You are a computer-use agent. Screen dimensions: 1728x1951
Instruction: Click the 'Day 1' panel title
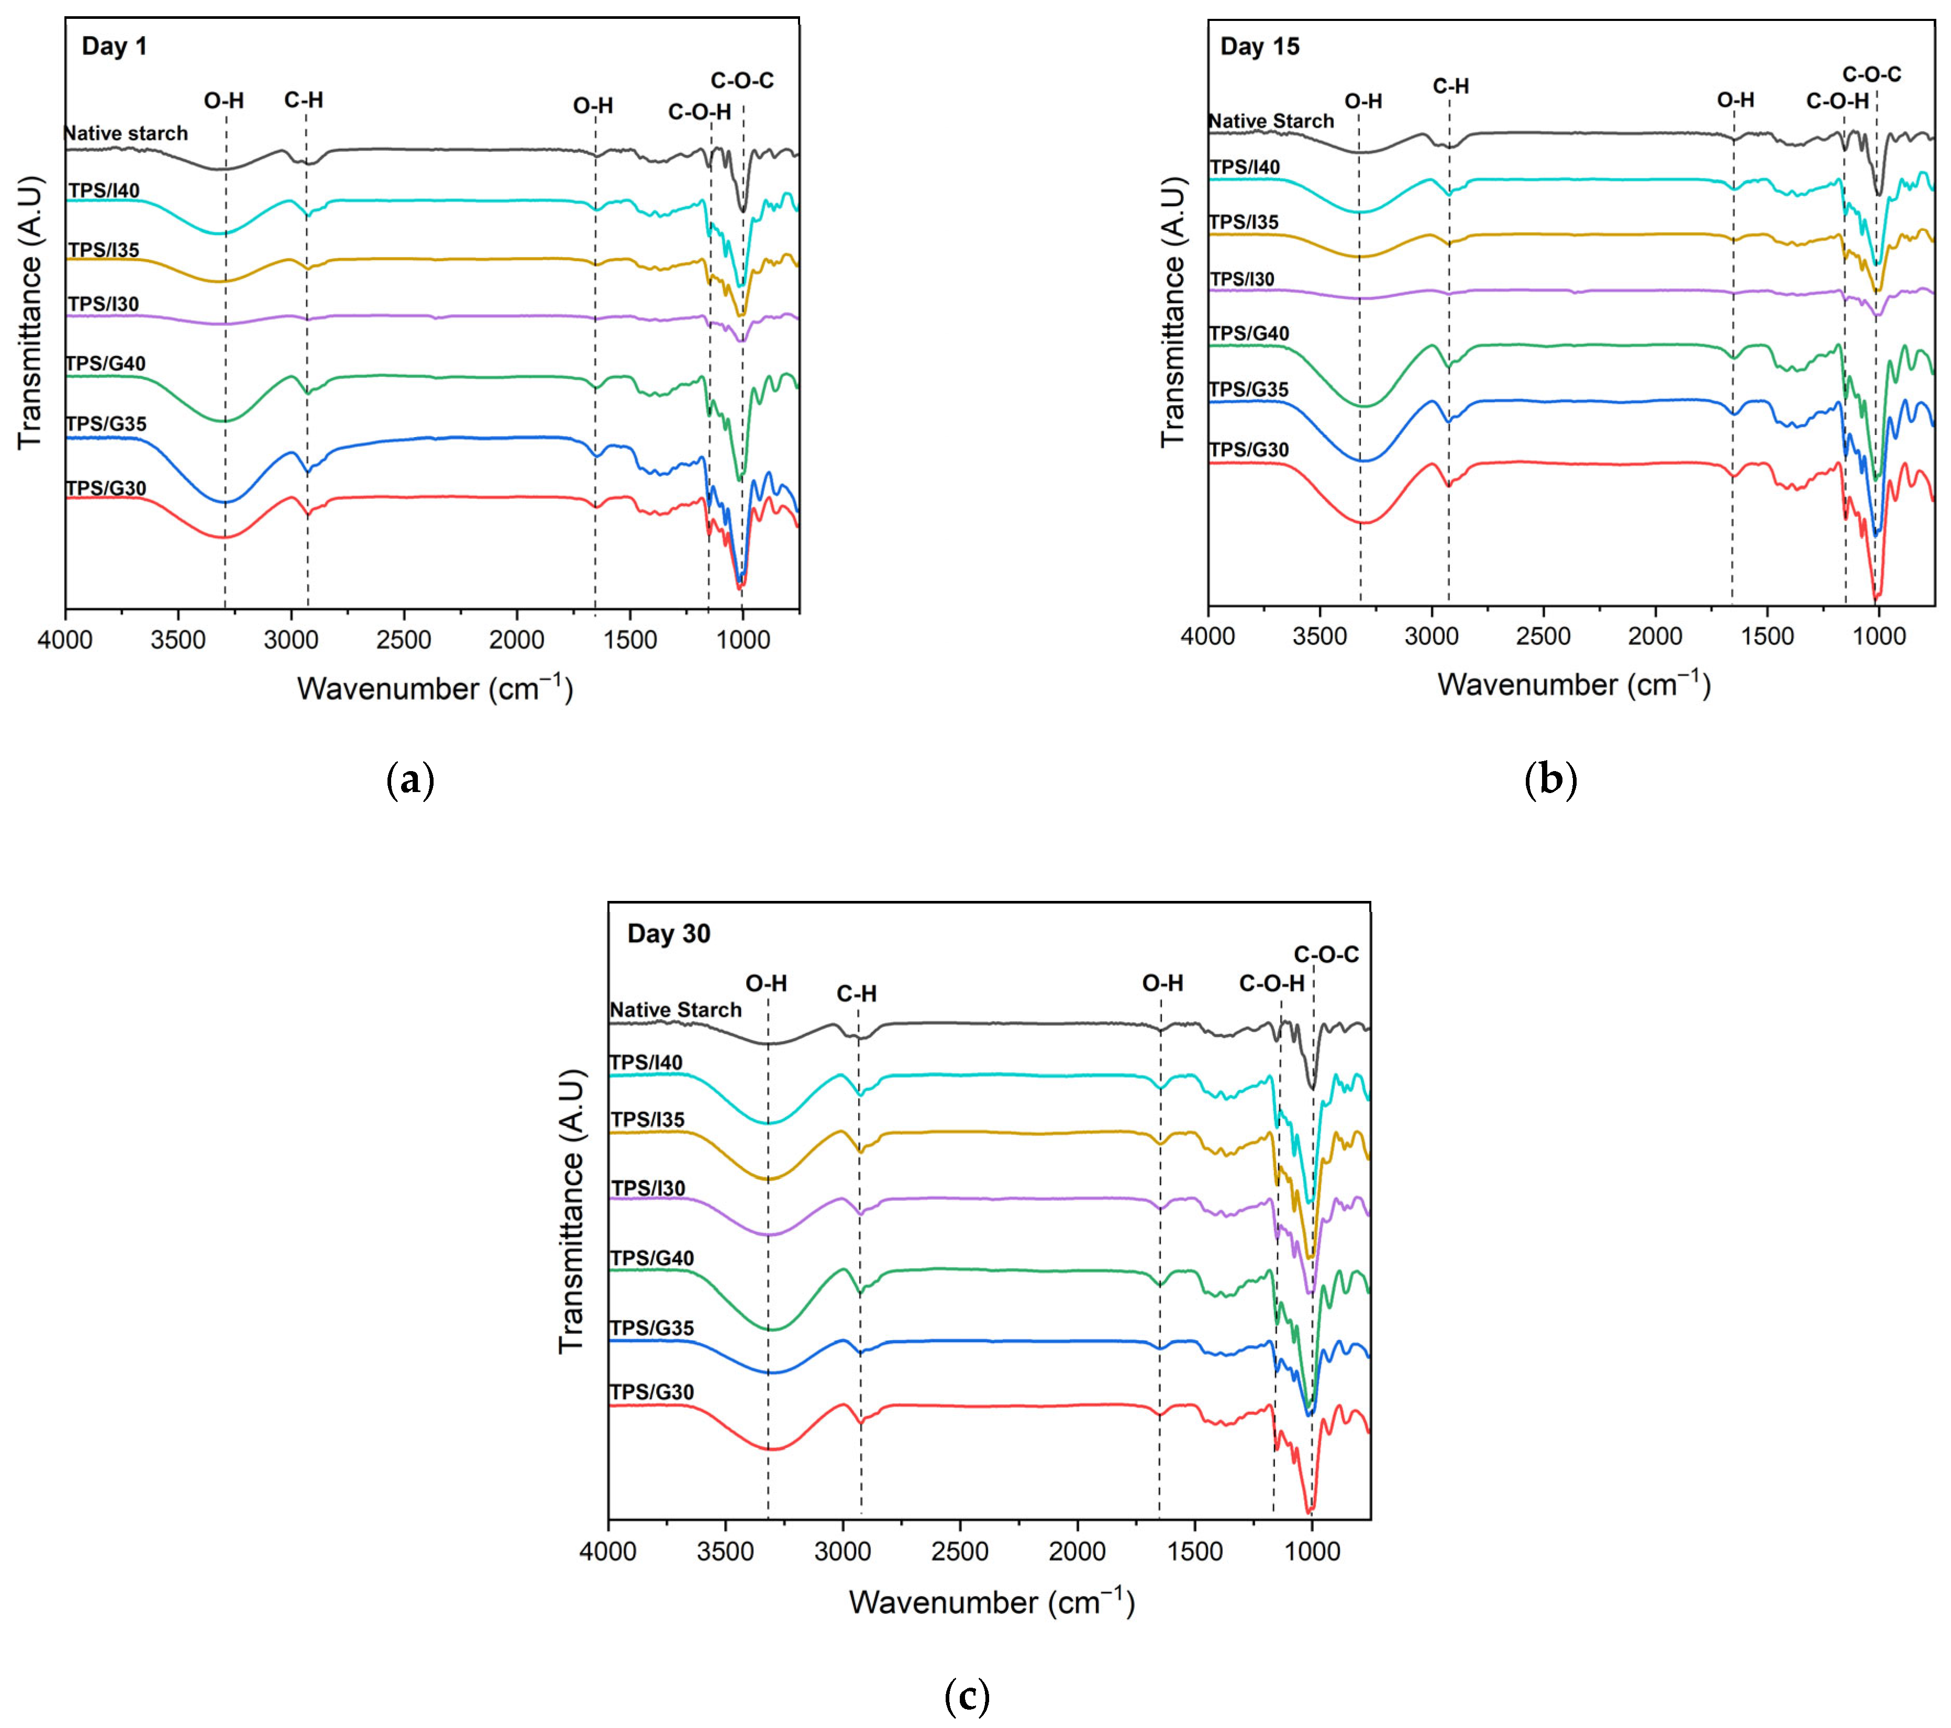[115, 46]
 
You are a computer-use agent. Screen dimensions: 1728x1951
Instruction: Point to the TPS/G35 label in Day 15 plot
[1248, 389]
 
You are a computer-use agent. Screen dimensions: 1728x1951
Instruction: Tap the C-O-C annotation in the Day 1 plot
[741, 81]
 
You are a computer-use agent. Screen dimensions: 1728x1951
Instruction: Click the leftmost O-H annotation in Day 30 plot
[767, 984]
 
